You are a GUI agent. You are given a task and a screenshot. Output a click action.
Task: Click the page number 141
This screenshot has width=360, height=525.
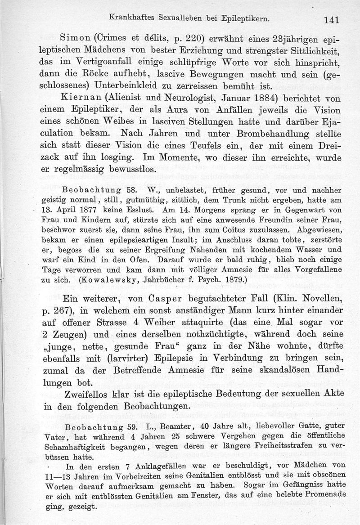coord(330,19)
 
